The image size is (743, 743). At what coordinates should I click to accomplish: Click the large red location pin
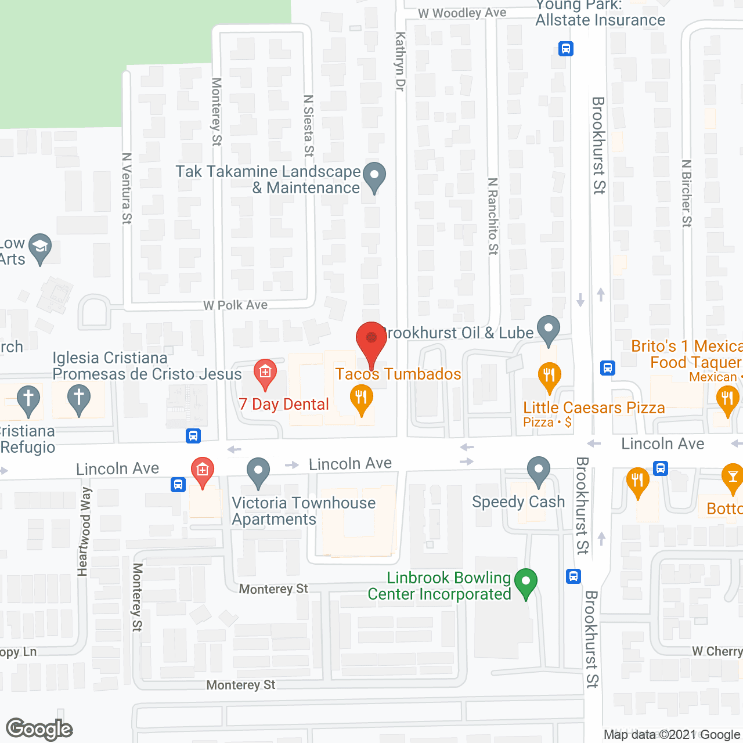(x=371, y=342)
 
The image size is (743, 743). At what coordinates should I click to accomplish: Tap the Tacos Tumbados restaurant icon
(x=361, y=400)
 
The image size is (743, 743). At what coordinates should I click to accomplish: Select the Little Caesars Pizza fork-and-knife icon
(x=549, y=377)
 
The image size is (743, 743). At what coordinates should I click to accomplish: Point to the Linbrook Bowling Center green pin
(x=526, y=583)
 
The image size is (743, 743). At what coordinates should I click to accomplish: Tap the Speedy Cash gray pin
(x=539, y=471)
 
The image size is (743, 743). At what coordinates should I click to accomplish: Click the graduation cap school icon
(x=40, y=248)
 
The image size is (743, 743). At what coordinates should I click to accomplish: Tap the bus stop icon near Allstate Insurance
(x=566, y=48)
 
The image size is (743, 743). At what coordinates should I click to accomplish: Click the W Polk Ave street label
(x=235, y=305)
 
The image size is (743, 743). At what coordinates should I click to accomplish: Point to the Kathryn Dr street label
(x=400, y=61)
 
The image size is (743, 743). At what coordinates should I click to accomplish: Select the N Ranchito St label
(x=493, y=216)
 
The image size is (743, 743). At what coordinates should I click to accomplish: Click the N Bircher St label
(x=687, y=193)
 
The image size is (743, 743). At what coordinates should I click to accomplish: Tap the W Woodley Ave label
(x=462, y=13)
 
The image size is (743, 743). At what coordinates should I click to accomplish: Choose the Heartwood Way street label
(x=84, y=531)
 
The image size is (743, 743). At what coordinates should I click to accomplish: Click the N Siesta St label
(x=309, y=125)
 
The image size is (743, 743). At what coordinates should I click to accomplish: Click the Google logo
(x=39, y=729)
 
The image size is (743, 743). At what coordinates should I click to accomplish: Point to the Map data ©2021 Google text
(x=672, y=735)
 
